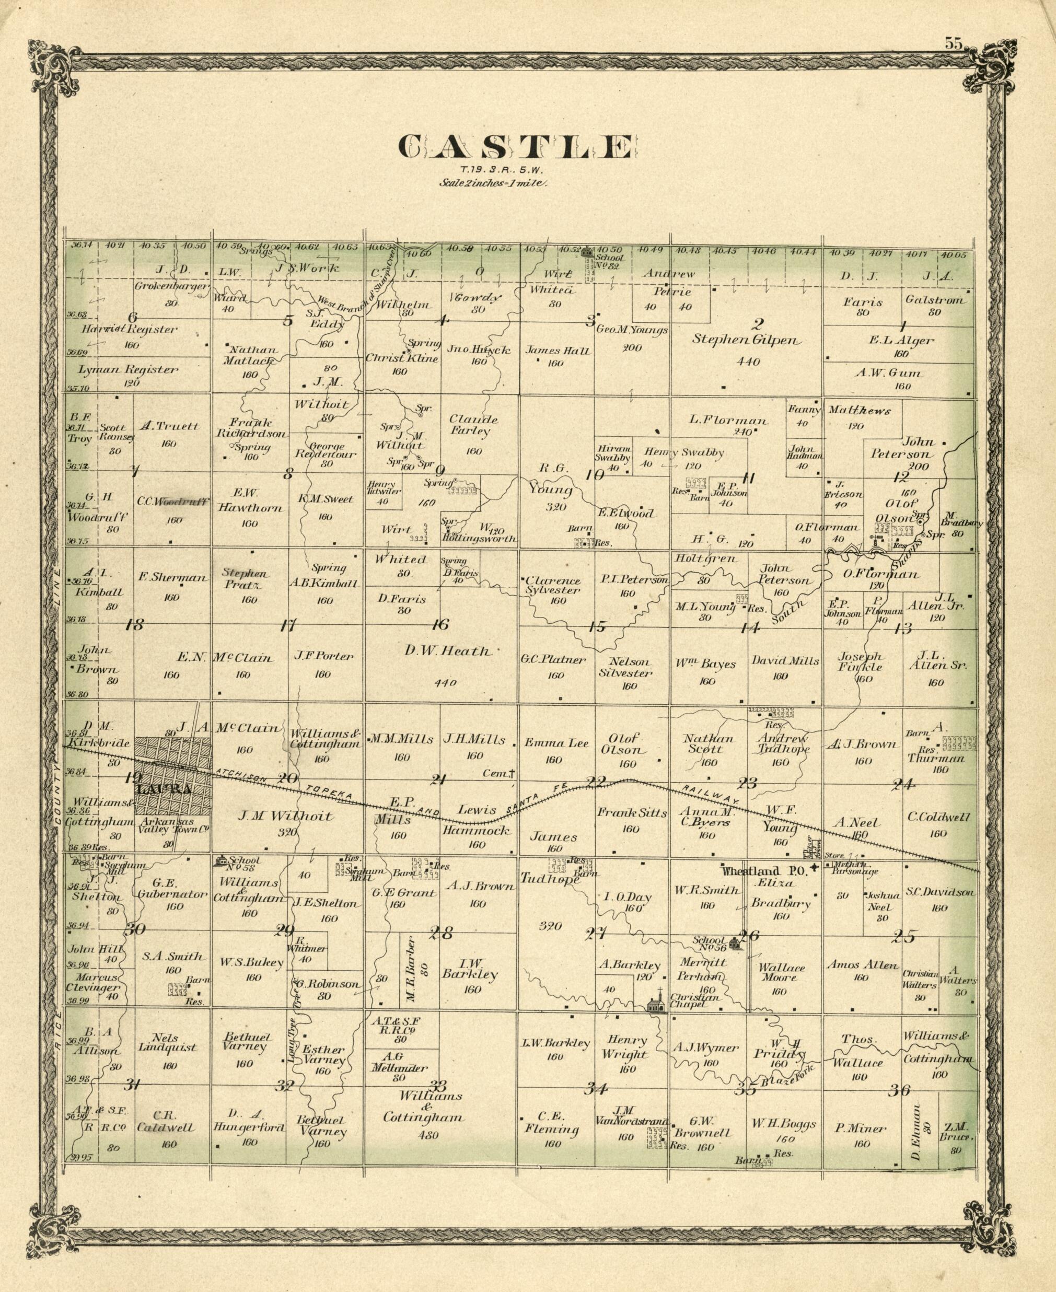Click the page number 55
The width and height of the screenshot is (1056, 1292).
pyautogui.click(x=953, y=43)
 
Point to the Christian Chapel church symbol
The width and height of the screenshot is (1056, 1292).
pyautogui.click(x=655, y=1004)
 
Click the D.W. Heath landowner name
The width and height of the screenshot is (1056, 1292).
pyautogui.click(x=447, y=651)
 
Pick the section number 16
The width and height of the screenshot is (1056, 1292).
pyautogui.click(x=440, y=625)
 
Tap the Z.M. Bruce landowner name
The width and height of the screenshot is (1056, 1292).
pyautogui.click(x=956, y=1132)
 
